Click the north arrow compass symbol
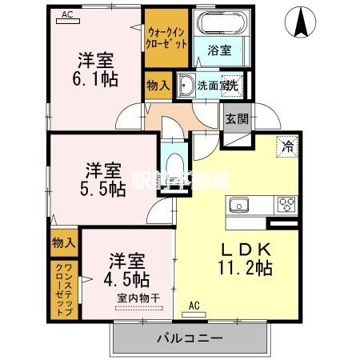302,22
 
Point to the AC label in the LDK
194,306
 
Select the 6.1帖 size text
95,79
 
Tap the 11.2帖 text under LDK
246,268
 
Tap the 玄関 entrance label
236,119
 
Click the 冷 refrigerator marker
286,146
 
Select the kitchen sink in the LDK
239,206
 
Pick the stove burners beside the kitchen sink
285,205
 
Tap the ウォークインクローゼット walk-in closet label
167,38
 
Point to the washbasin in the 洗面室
186,85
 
